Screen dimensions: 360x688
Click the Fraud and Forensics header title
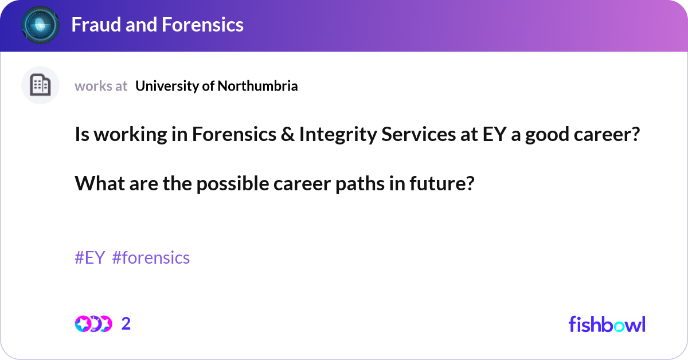click(x=157, y=25)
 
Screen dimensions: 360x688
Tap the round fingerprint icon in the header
click(x=40, y=25)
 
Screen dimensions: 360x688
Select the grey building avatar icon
click(x=40, y=85)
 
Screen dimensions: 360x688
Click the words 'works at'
click(x=101, y=86)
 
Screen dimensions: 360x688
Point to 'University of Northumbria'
click(x=217, y=86)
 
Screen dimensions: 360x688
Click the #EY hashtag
click(x=89, y=258)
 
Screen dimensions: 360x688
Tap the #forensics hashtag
click(x=151, y=258)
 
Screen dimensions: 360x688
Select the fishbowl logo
click(x=607, y=324)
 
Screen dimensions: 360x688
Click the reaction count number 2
click(x=126, y=324)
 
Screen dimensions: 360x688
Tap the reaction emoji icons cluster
click(x=93, y=324)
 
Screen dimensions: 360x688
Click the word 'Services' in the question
click(x=397, y=135)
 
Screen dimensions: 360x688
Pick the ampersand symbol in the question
click(x=286, y=135)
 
